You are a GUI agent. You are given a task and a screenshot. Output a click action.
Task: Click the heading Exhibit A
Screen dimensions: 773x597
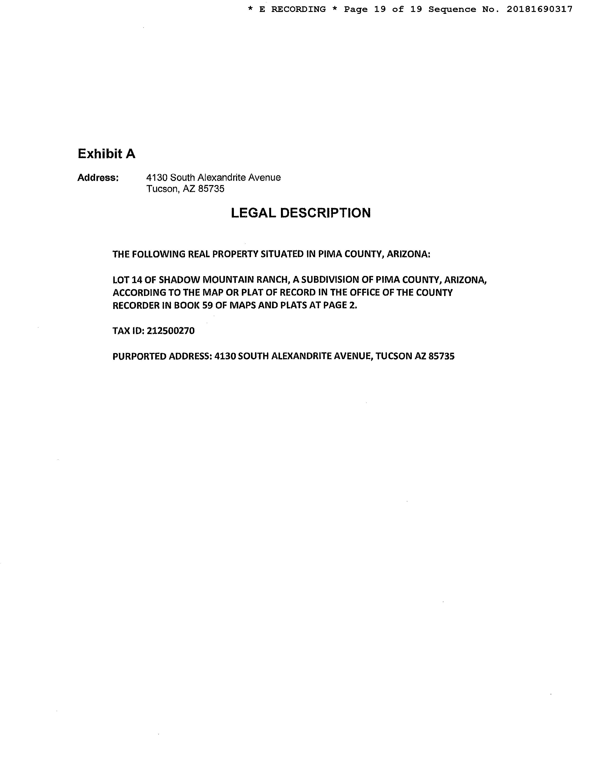(x=107, y=154)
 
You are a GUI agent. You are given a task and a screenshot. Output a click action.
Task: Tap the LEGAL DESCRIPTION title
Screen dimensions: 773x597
(x=301, y=213)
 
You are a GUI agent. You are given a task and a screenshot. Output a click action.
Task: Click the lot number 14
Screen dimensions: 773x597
(x=136, y=280)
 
